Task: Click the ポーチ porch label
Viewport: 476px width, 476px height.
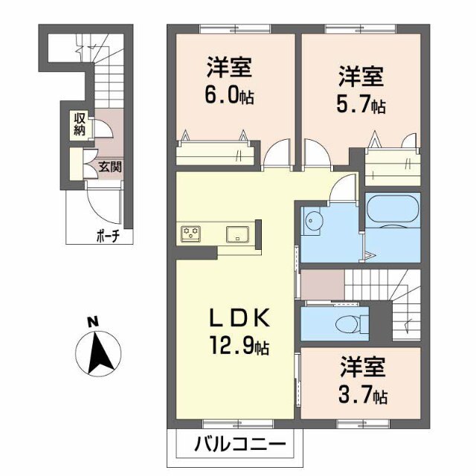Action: point(108,237)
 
